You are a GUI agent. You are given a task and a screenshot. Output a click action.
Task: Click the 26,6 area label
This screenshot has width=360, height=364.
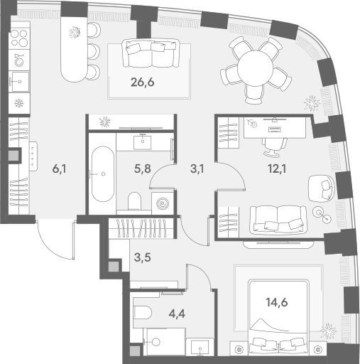point(142,82)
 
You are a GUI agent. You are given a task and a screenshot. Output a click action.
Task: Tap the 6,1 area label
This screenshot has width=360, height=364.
point(60,169)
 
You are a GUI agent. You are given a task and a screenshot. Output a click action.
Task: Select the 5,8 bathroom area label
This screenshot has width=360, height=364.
point(142,169)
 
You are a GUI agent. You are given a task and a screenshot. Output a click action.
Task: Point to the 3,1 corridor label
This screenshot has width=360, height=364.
point(197,169)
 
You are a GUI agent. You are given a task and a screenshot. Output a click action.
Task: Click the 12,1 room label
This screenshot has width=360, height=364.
point(277,169)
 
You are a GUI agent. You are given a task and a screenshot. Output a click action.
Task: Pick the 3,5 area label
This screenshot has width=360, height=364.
point(142,257)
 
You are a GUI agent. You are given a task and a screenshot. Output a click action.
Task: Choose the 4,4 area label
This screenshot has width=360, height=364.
point(177,314)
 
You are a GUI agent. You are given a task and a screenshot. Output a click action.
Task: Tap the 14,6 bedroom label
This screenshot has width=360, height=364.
point(277,302)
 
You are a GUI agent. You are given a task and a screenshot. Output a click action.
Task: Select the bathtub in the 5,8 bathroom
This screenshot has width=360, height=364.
point(103,174)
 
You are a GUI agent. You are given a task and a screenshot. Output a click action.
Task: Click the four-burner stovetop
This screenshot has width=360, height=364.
point(20,38)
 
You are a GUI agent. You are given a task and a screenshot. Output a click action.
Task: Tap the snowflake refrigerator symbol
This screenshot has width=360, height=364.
point(18,104)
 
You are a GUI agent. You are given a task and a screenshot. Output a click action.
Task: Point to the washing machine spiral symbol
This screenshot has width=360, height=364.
point(163,203)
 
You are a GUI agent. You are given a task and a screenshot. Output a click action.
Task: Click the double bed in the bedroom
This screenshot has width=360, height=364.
point(278,318)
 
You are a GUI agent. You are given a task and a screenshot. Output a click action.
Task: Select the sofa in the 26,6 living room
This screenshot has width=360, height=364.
point(151,53)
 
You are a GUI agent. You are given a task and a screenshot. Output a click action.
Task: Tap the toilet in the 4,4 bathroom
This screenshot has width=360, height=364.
point(143,312)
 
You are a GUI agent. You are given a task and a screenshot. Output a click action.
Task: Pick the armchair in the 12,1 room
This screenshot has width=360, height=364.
point(322,188)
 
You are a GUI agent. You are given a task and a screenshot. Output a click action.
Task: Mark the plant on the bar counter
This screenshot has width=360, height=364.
point(75,32)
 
